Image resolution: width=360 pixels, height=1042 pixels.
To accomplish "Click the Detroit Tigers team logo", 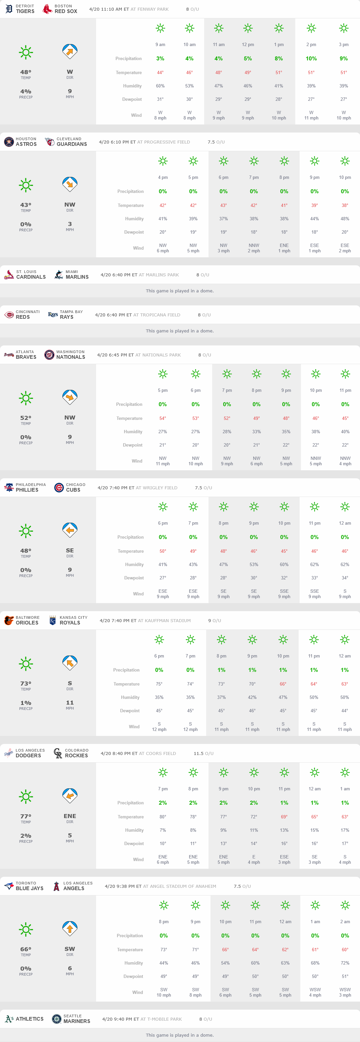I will [x=9, y=9].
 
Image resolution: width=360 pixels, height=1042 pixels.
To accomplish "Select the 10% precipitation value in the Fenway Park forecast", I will [x=311, y=59].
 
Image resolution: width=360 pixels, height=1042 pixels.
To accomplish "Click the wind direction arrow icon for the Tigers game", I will [x=70, y=51].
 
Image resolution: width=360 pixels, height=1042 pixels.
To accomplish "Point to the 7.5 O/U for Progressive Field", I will [x=216, y=142].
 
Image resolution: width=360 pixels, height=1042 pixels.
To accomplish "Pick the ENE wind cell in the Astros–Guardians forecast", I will [x=284, y=248].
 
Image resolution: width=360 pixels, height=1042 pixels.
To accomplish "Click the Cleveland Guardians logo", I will [x=49, y=142].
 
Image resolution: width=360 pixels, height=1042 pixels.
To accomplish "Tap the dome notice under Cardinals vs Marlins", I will [x=179, y=291].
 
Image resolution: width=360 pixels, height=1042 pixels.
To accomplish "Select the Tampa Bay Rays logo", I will [x=53, y=315].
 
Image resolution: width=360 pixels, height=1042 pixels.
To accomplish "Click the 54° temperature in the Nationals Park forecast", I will [x=162, y=418].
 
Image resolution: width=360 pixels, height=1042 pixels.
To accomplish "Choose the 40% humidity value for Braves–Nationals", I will [x=345, y=432].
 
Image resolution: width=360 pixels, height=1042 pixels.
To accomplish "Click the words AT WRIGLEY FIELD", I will [x=156, y=488].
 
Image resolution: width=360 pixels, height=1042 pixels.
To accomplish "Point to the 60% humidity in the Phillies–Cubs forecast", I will [x=284, y=564].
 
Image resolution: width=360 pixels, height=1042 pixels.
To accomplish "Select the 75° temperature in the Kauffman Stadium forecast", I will [x=159, y=684].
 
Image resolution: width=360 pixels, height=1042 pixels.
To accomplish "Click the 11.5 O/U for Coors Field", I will [x=204, y=754].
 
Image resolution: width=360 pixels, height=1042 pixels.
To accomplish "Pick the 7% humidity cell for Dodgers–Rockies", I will [x=162, y=830].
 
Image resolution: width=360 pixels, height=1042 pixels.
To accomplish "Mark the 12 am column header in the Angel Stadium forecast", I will [x=285, y=922].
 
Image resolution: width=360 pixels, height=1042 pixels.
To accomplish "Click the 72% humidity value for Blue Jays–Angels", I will [x=345, y=963].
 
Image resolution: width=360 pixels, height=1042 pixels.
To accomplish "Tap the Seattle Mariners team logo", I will [x=57, y=1019].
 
